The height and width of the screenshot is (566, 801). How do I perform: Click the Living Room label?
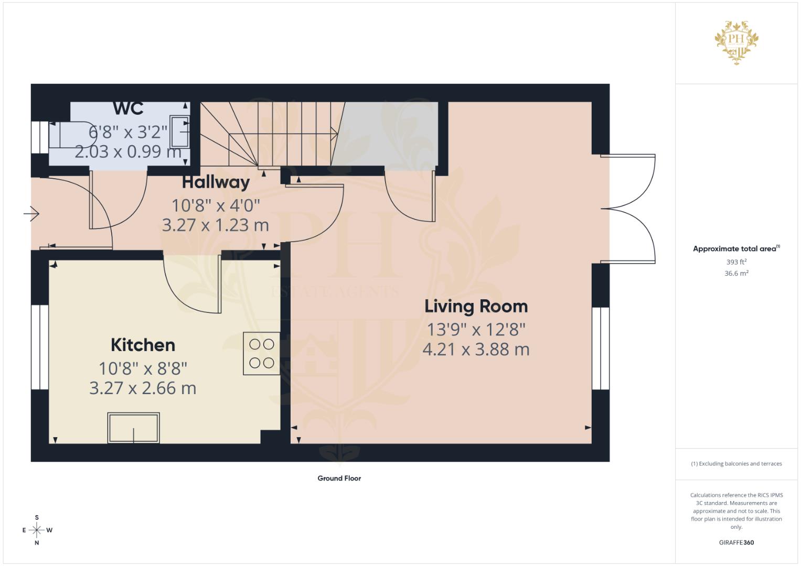[476, 306]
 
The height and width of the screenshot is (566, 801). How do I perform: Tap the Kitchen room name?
[143, 345]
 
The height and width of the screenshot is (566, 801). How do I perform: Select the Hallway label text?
[216, 182]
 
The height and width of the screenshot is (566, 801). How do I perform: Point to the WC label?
[129, 108]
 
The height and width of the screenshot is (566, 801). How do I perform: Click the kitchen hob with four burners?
[261, 353]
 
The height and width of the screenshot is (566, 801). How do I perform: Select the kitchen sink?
[133, 428]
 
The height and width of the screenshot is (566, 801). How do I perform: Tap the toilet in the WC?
[69, 135]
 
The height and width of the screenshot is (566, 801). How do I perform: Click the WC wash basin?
[179, 132]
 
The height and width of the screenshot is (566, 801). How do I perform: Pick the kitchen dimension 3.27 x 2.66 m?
[143, 388]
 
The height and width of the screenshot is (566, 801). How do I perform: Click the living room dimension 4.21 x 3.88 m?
[476, 349]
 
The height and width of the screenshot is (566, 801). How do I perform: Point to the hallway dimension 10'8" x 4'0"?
[216, 205]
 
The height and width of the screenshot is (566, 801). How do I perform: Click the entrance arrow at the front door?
[31, 214]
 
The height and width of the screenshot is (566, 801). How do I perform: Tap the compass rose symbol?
[37, 530]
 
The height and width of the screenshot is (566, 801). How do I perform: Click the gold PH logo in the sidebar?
[736, 42]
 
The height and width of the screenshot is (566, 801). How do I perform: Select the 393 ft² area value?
[736, 262]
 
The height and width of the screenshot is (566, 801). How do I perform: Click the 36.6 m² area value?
[736, 274]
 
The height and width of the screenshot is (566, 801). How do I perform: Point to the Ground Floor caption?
[339, 478]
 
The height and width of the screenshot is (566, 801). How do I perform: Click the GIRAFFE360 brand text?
[736, 542]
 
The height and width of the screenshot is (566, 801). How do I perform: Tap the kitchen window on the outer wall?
[40, 347]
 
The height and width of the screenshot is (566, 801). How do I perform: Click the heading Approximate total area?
[735, 249]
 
